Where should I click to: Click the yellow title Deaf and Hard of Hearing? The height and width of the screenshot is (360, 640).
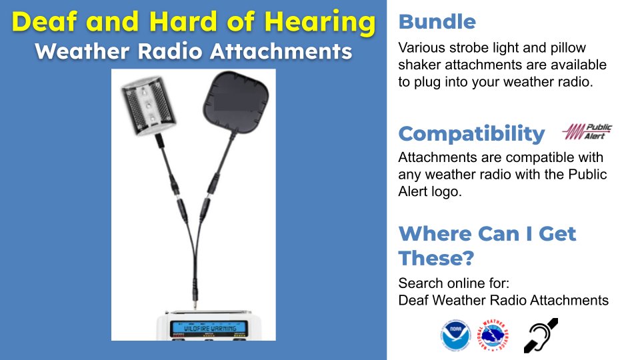click(x=193, y=23)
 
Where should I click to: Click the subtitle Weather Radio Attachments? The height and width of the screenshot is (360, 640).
click(x=193, y=51)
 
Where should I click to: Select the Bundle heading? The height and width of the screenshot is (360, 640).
click(x=437, y=22)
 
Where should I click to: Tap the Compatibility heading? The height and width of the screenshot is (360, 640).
click(x=471, y=133)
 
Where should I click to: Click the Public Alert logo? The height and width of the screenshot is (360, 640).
click(x=587, y=131)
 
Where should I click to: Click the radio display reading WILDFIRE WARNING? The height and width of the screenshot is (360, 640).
click(x=208, y=327)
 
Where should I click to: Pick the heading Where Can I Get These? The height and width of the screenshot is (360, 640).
click(x=487, y=245)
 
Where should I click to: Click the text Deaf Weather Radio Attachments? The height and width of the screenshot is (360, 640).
click(x=503, y=300)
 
